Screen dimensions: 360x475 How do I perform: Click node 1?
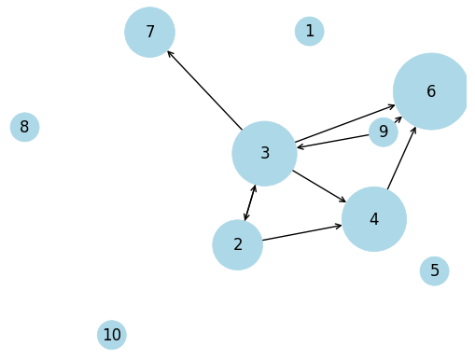click(x=309, y=32)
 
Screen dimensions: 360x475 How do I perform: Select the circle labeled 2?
click(x=238, y=244)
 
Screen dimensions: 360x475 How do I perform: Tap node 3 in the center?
click(x=264, y=153)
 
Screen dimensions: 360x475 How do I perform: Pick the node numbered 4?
click(x=373, y=219)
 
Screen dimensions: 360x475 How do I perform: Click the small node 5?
click(x=434, y=271)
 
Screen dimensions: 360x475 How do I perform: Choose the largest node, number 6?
click(x=430, y=91)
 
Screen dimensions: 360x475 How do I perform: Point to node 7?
click(x=149, y=32)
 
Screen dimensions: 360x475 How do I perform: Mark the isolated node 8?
click(x=24, y=127)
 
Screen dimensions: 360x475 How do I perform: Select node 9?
click(x=383, y=132)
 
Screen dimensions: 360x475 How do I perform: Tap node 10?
click(x=111, y=335)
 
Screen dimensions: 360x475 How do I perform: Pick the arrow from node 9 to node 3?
click(x=333, y=142)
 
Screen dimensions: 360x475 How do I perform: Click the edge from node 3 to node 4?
click(x=320, y=186)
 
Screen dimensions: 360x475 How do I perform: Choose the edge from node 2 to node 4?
click(x=302, y=232)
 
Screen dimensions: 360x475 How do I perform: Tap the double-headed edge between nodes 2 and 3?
click(x=250, y=203)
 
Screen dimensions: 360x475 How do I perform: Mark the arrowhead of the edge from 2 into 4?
click(x=339, y=226)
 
